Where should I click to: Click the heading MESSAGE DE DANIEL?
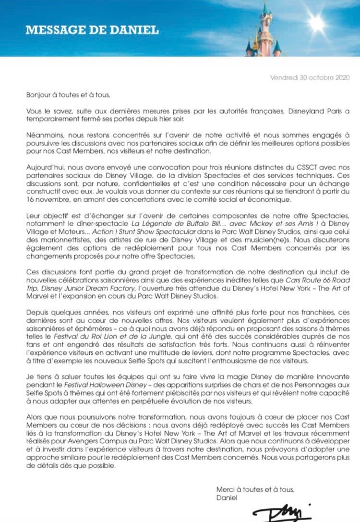[92, 30]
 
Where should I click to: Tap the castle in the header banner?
[263, 31]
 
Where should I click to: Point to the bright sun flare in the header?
[317, 24]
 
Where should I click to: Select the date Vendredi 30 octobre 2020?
[310, 77]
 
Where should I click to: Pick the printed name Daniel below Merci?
[227, 497]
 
